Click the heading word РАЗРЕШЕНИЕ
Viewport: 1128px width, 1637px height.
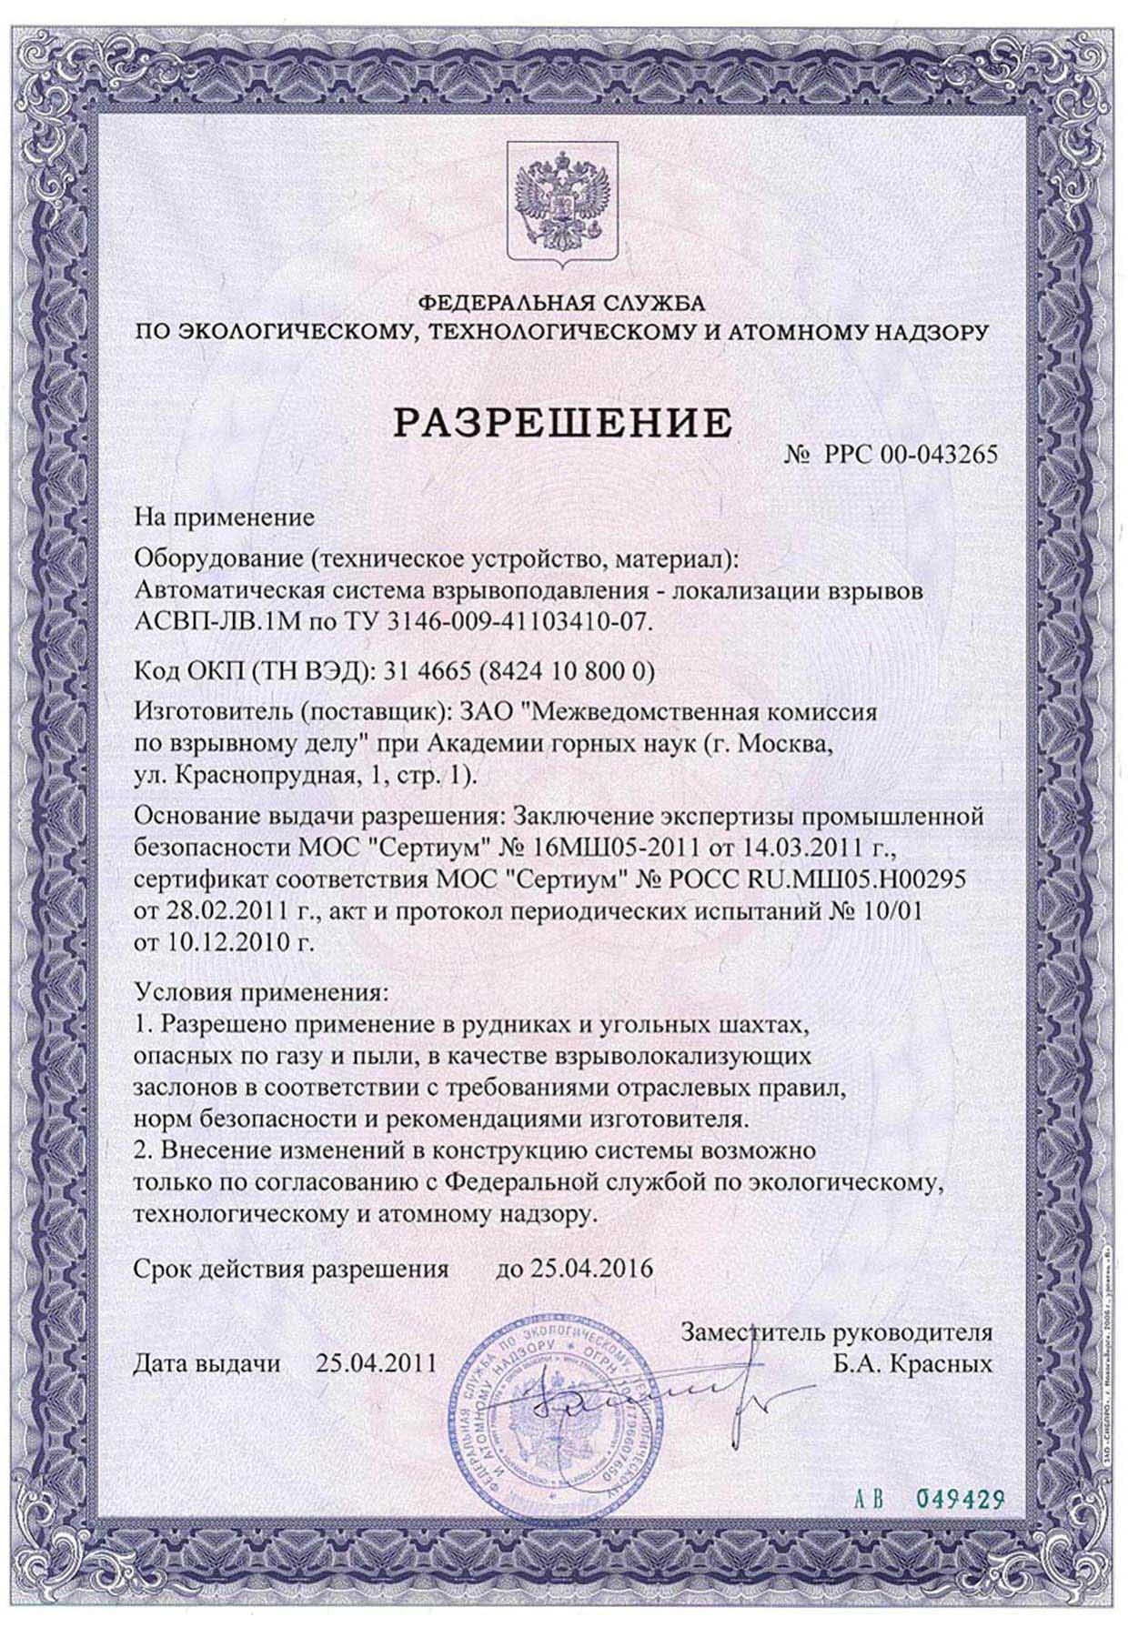tap(562, 423)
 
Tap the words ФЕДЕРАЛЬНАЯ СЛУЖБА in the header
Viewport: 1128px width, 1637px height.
tap(562, 301)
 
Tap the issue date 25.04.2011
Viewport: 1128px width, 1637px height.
tap(376, 1362)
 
